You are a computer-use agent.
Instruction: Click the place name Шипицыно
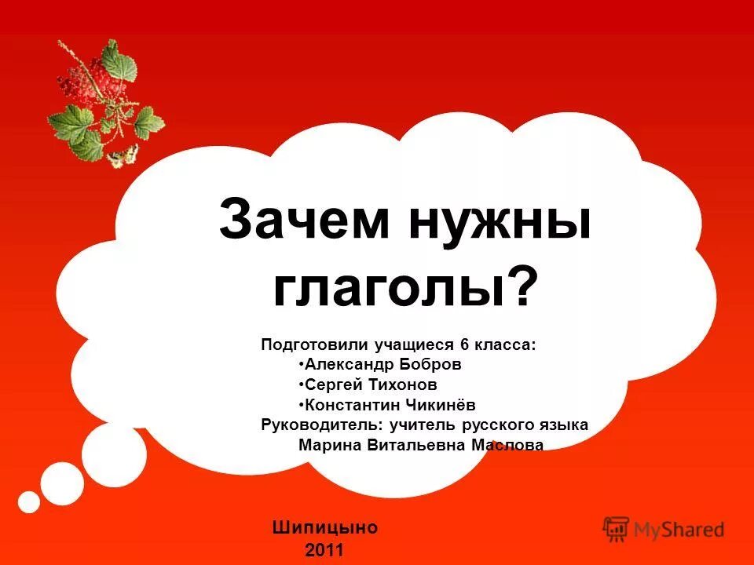point(325,527)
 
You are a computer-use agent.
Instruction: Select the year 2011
point(324,549)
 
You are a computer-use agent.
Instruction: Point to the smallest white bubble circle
point(29,501)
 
